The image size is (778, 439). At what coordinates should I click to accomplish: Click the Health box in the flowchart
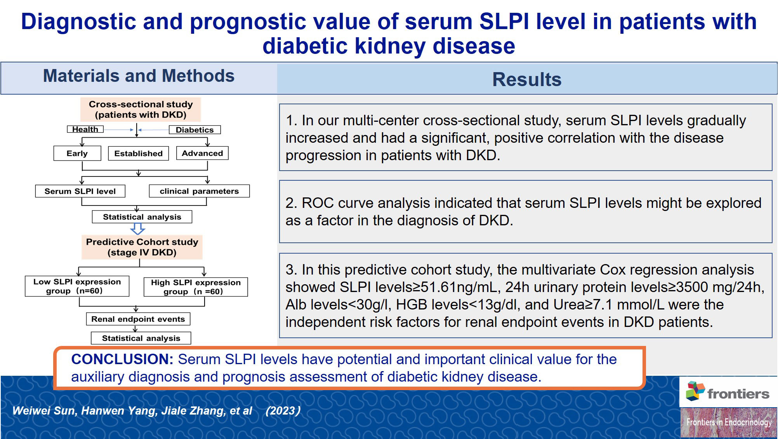(x=85, y=129)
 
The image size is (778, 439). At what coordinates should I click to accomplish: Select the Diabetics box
(x=195, y=130)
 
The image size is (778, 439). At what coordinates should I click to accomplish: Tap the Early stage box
(x=77, y=153)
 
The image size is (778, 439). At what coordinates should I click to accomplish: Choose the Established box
(x=139, y=153)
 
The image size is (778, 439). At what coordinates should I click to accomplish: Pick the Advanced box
(x=202, y=153)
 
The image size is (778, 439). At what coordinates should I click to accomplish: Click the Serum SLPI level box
(x=80, y=191)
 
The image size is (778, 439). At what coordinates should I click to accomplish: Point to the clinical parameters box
(x=200, y=191)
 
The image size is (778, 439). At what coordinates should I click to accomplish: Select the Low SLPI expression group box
(x=77, y=286)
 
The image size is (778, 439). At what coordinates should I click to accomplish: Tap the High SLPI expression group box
(x=196, y=287)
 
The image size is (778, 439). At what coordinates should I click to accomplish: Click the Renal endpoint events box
(x=138, y=319)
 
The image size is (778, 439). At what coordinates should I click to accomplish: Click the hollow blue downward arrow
(x=137, y=228)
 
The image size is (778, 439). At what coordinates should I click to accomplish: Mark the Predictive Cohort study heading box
(x=142, y=247)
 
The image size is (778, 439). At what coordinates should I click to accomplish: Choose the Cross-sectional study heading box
(x=141, y=109)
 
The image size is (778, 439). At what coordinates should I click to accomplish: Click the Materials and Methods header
(x=139, y=76)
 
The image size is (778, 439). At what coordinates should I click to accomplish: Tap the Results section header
(x=527, y=80)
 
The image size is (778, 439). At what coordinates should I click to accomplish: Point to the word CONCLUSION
(x=122, y=359)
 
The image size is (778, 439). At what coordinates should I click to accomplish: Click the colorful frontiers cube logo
(x=695, y=391)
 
